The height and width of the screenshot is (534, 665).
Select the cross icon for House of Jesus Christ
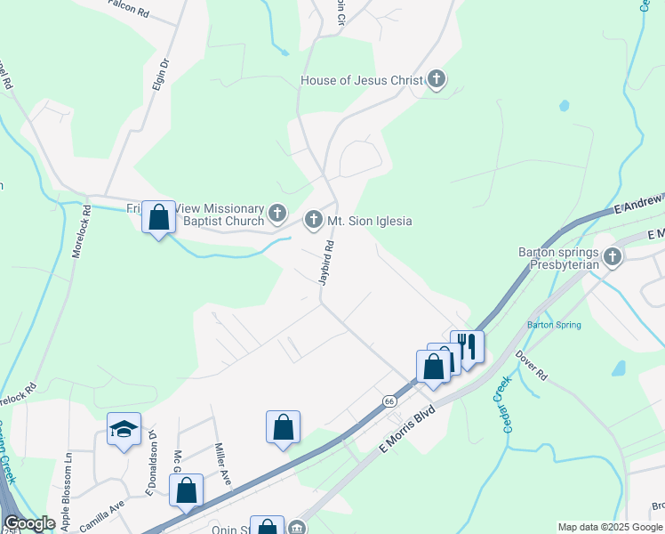436,80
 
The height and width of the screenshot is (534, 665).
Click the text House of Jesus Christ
362,80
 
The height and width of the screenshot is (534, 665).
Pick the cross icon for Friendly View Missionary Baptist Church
277,214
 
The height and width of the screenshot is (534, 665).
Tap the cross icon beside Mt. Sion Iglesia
313,220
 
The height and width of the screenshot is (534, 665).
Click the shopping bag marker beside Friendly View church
158,217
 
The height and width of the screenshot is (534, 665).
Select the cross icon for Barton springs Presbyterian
613,258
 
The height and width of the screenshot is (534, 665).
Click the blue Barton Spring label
554,325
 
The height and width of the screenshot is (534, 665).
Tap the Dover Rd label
533,365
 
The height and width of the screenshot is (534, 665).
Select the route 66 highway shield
389,401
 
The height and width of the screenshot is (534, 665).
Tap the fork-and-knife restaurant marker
467,345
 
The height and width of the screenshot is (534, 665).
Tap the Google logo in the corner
30,523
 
